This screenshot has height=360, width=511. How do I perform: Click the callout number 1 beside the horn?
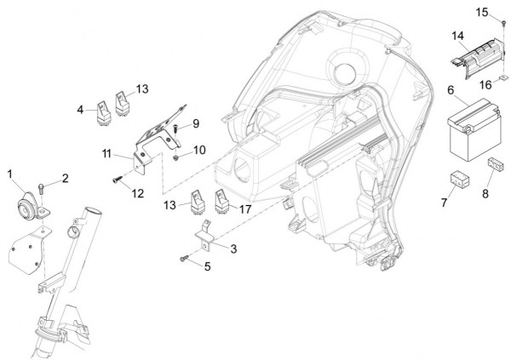(x=11, y=174)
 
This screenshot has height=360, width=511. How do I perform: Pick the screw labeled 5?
(x=183, y=258)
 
